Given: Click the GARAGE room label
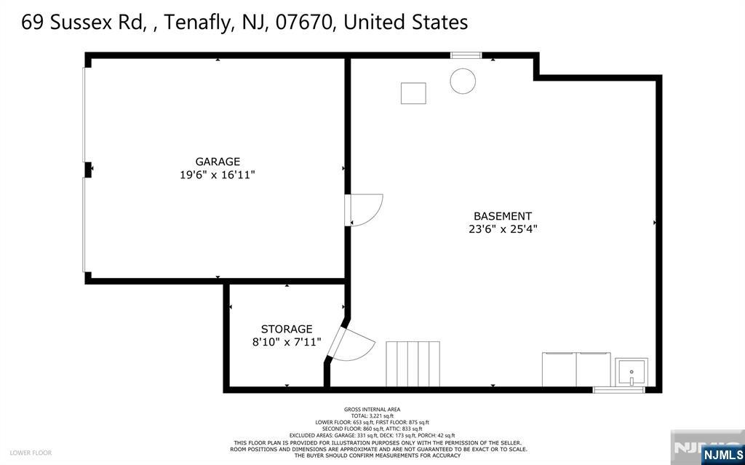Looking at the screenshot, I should (x=218, y=162).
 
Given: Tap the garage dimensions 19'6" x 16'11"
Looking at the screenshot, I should (x=218, y=175).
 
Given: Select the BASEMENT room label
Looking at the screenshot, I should (x=503, y=216).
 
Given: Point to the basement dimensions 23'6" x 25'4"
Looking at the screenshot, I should (x=503, y=229).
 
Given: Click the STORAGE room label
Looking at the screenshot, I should (x=287, y=329).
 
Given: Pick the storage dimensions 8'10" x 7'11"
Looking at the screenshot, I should (x=287, y=342).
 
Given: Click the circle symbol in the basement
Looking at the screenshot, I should (x=463, y=81).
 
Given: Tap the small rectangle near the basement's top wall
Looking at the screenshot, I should (x=413, y=93).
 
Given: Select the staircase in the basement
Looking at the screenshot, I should (x=413, y=364).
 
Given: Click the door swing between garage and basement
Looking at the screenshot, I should (x=365, y=210).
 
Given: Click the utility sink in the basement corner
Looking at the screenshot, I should (x=632, y=372).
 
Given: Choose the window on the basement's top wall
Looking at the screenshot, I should (x=466, y=55).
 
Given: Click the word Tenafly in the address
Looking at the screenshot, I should (x=199, y=23).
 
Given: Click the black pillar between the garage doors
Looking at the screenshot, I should (x=88, y=170).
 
